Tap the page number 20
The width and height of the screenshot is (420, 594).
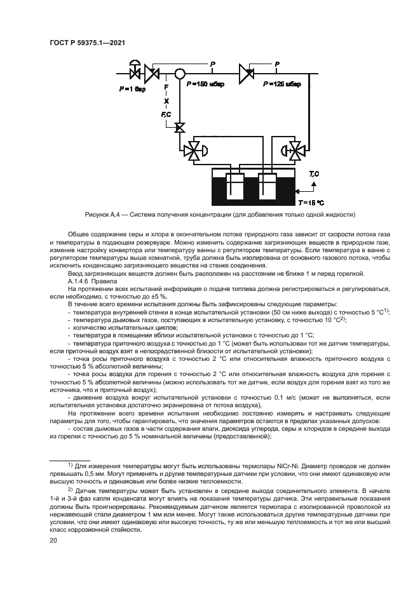pos(53,540)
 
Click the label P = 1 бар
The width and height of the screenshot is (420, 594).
pos(132,90)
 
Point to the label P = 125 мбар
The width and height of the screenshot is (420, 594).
pos(280,84)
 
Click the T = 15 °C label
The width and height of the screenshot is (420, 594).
pos(311,202)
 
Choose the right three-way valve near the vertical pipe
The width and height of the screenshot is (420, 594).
pos(296,151)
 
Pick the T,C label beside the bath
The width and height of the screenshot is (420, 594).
pos(314,173)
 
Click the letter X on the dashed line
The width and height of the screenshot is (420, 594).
pos(166,100)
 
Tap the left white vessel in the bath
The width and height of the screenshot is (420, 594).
pos(234,187)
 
